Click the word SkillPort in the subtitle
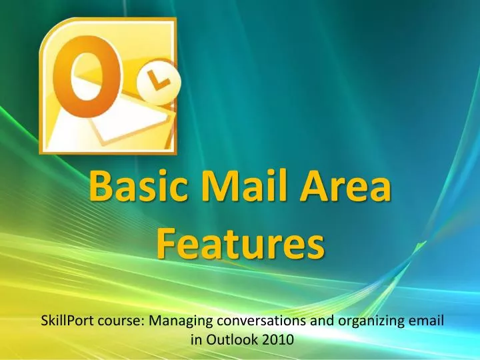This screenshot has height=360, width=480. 65,321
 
